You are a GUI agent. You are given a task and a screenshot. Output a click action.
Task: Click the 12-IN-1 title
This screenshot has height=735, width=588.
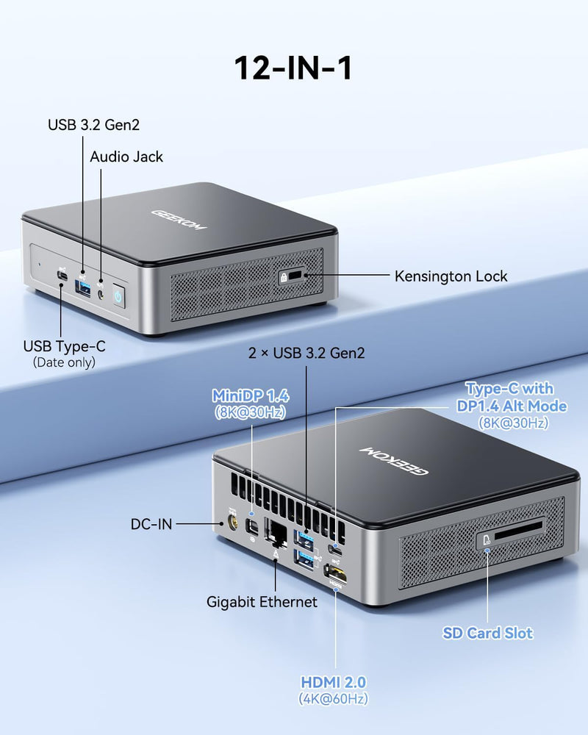[293, 68]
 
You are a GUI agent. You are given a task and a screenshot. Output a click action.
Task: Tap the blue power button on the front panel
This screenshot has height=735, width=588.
[118, 297]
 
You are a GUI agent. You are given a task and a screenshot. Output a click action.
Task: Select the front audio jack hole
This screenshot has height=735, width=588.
[101, 295]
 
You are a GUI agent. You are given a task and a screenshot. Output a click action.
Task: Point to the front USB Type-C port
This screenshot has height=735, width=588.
[62, 276]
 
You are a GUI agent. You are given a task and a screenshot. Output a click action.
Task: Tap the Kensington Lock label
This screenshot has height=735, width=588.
[451, 276]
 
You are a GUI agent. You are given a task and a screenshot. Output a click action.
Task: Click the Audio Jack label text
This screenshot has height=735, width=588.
[126, 157]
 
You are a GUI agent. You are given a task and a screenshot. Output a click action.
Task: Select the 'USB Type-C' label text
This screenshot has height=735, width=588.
[64, 346]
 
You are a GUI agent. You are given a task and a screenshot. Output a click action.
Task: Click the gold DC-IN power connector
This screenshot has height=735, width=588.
[232, 522]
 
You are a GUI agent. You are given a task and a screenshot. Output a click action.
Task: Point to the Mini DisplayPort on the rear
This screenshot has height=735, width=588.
[252, 527]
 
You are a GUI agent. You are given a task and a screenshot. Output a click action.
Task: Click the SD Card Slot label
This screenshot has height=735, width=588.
[487, 634]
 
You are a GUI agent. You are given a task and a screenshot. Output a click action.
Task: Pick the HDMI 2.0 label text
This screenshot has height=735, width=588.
[334, 683]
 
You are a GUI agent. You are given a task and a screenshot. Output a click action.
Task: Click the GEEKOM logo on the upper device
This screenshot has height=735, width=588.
[179, 220]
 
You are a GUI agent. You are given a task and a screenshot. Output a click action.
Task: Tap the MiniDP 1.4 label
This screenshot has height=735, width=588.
[251, 396]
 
